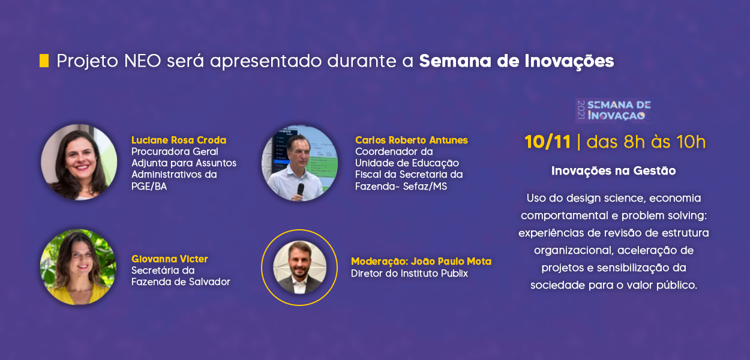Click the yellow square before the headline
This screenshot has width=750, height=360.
pyautogui.click(x=44, y=61)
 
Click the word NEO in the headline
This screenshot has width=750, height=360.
pyautogui.click(x=143, y=61)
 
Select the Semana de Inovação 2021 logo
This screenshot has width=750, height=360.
pyautogui.click(x=614, y=110)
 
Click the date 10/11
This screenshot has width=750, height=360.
pyautogui.click(x=547, y=142)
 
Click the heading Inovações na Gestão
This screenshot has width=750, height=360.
pyautogui.click(x=613, y=171)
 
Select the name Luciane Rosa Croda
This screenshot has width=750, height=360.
pyautogui.click(x=179, y=140)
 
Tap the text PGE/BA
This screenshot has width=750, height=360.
pyautogui.click(x=149, y=186)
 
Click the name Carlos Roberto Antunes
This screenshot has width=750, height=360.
pyautogui.click(x=412, y=140)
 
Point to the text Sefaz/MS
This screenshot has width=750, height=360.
pyautogui.click(x=425, y=186)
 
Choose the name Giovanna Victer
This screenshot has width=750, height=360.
pyautogui.click(x=169, y=259)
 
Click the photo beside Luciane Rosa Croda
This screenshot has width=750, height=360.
pyautogui.click(x=79, y=163)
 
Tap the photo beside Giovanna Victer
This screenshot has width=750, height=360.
pyautogui.click(x=79, y=267)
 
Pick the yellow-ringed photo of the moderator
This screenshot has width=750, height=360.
pyautogui.click(x=299, y=268)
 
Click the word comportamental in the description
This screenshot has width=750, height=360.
pyautogui.click(x=565, y=215)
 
